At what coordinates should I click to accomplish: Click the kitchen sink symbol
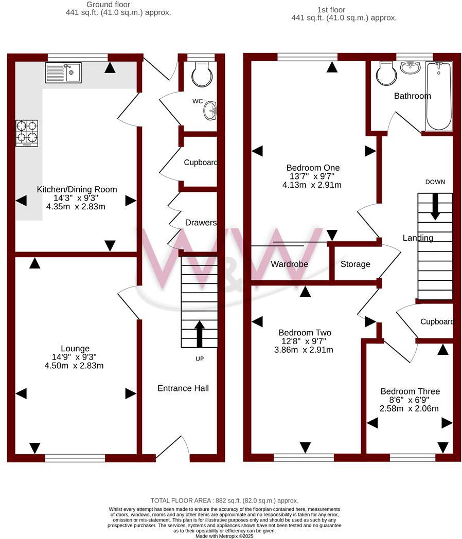tap(63, 73)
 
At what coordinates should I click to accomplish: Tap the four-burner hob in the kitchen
tap(27, 132)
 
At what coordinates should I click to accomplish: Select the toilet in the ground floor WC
tap(201, 75)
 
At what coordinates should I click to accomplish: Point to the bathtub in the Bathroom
tap(438, 96)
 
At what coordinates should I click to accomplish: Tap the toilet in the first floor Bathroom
tap(385, 74)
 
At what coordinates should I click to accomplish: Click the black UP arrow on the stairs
tap(199, 333)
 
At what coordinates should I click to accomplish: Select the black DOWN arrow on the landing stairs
tap(435, 206)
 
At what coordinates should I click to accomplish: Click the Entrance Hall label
tap(183, 388)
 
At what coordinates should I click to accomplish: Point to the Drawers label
tap(201, 223)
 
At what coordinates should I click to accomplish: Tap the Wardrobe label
tap(289, 264)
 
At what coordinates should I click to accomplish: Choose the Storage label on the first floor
tap(355, 264)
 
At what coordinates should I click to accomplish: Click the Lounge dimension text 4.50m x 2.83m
tap(75, 366)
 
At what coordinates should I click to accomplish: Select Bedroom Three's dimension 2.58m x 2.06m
tap(409, 408)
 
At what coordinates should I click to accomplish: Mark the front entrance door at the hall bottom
tap(172, 448)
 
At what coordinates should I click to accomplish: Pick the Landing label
tap(417, 238)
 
